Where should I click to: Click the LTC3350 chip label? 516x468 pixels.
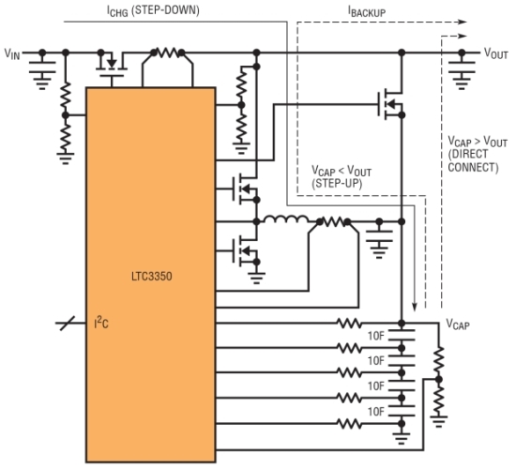click(152, 276)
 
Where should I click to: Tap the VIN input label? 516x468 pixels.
click(12, 53)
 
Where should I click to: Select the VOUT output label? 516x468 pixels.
click(495, 53)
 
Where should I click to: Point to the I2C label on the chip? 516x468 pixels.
click(101, 323)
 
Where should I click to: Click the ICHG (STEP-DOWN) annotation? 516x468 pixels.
click(153, 11)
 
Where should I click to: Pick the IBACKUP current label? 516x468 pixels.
click(367, 11)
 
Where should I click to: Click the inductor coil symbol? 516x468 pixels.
click(286, 219)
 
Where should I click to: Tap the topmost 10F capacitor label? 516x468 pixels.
click(376, 336)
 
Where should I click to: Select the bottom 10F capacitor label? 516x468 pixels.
click(376, 412)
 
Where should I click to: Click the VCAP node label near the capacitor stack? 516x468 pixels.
click(458, 324)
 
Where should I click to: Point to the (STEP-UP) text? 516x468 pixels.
click(337, 183)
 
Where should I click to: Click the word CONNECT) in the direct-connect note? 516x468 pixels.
click(473, 167)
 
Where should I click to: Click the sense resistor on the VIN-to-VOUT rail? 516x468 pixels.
click(168, 53)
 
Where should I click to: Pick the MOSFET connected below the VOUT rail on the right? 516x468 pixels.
click(390, 105)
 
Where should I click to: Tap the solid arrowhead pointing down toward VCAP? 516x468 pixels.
click(415, 307)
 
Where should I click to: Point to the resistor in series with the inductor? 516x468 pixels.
click(333, 222)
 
